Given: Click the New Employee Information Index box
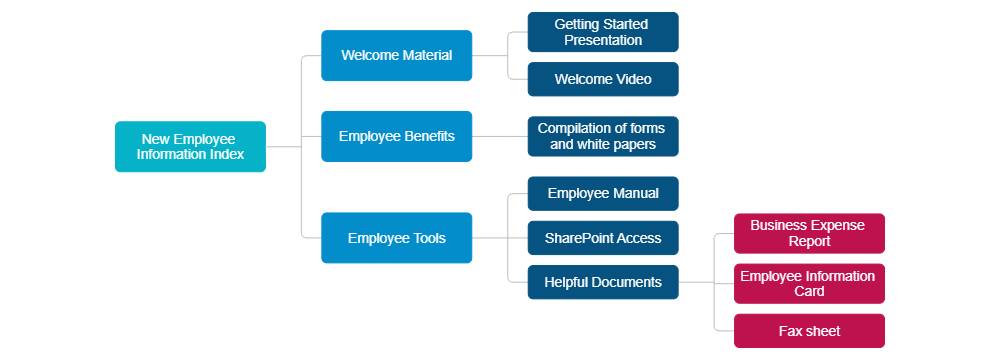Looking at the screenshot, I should pos(190,147).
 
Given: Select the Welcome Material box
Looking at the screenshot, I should pos(396,55).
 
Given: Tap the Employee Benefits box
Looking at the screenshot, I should pos(396,136).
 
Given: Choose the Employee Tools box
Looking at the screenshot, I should pos(396,238).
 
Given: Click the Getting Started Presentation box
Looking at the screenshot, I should pos(602,32).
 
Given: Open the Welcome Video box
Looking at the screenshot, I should pos(602,79).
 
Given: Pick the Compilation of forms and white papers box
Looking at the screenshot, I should pos(602,136).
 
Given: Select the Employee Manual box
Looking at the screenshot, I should pos(602,193).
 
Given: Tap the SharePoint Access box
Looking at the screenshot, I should pos(602,238).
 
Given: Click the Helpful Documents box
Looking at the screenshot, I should pos(602,282).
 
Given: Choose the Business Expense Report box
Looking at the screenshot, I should pos(809,233).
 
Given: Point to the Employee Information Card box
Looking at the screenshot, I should pos(809,283).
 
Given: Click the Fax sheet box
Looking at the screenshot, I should pos(809,331).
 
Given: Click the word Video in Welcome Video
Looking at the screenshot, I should pos(633,79).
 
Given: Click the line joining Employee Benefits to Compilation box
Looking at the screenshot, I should pos(500,136).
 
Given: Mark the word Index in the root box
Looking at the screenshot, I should pos(226,154).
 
